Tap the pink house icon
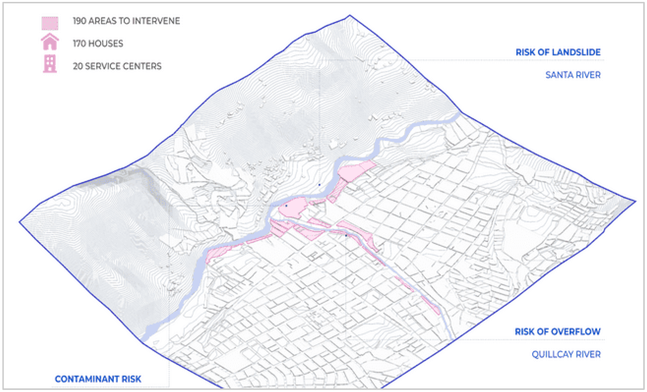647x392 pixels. pos(50,42)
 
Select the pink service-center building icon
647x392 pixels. pos(50,64)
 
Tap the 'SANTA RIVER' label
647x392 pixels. pos(573,75)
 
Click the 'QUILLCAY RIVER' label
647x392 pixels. pos(566,354)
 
